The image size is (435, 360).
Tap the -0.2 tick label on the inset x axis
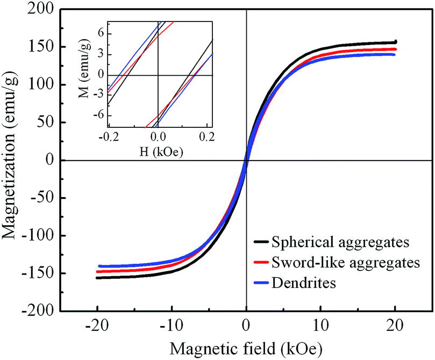[108, 138]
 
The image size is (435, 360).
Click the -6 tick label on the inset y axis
[97, 115]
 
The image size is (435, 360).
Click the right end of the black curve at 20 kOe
[396, 42]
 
